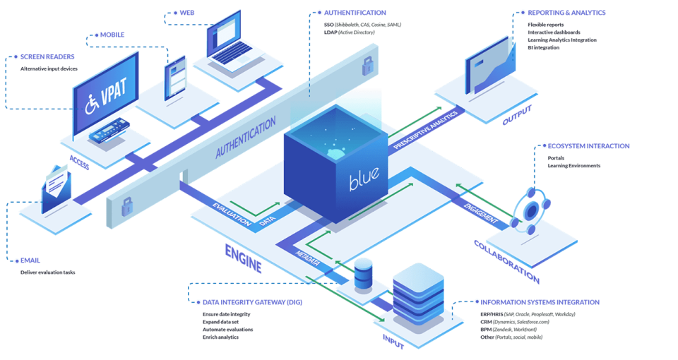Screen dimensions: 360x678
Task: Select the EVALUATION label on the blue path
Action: click(230, 211)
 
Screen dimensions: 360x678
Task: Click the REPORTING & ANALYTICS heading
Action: click(565, 13)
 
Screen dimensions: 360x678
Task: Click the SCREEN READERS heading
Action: click(42, 56)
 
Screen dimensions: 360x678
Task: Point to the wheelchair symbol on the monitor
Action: click(92, 105)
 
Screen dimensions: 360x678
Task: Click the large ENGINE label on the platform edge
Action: click(243, 258)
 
